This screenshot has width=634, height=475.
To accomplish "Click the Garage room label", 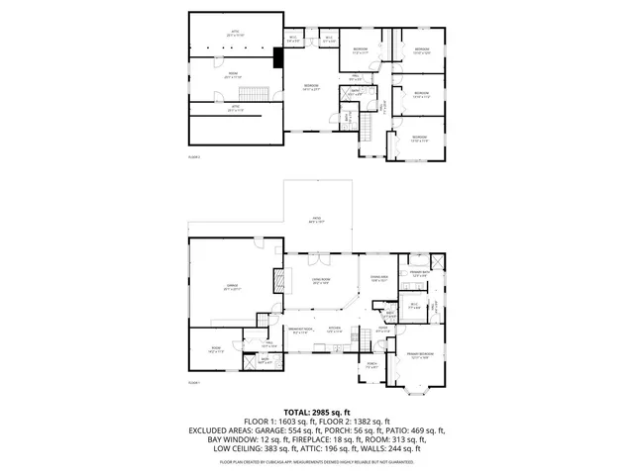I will point(233,286).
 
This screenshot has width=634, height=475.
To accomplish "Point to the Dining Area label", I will point(378,278).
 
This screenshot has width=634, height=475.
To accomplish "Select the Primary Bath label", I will point(419,272).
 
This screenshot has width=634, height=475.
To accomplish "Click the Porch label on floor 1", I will point(372,365).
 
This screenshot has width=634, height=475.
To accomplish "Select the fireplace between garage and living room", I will point(277,278).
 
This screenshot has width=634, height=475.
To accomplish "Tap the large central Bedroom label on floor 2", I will point(314,87).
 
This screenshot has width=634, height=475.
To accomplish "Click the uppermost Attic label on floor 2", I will point(235,32).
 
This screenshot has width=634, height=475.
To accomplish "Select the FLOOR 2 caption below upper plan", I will point(194,156).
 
